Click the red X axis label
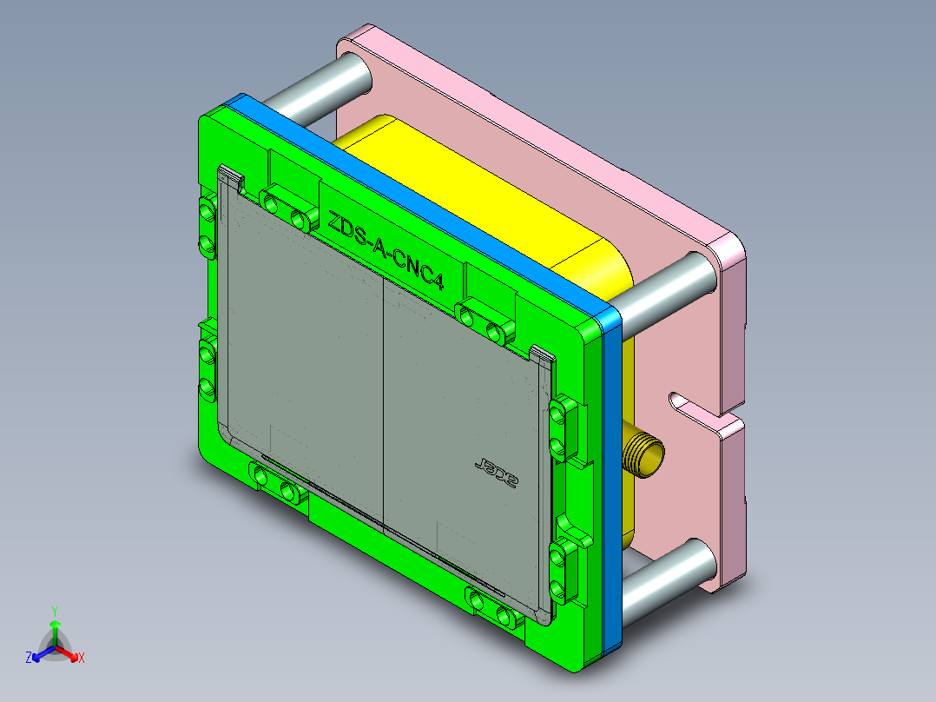82,659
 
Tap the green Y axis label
54,611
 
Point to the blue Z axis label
29,659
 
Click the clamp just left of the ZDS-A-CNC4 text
287,211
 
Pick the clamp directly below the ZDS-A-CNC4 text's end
483,321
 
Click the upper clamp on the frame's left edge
207,227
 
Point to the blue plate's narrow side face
613,478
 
